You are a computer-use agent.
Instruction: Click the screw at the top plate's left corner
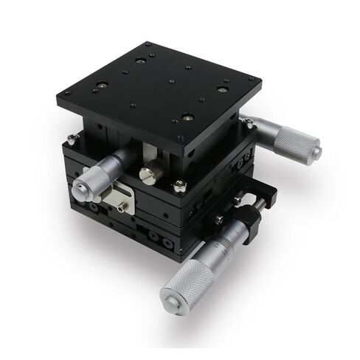[x=67, y=94]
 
